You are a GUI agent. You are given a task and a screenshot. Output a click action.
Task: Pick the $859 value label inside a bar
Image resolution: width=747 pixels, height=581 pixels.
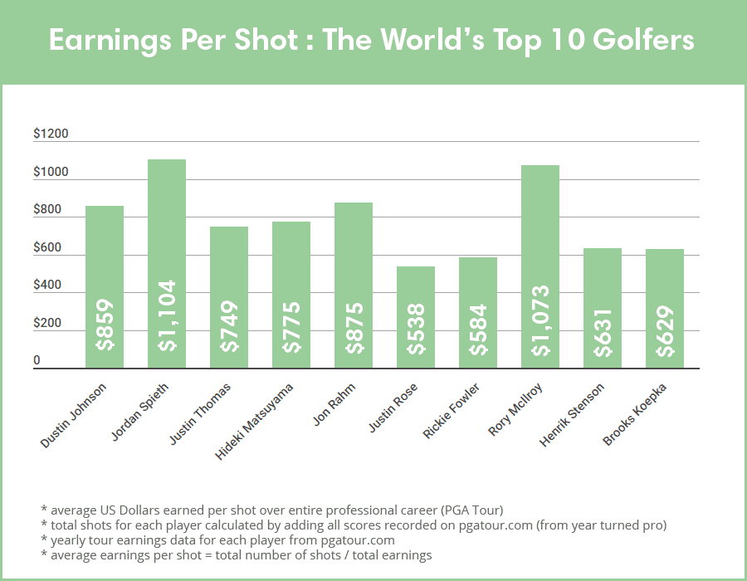tap(105, 325)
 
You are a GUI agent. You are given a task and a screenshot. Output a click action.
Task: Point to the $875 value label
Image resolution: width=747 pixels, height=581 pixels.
tap(354, 325)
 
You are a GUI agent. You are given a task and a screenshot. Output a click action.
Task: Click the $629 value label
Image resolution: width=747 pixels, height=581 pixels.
tap(665, 332)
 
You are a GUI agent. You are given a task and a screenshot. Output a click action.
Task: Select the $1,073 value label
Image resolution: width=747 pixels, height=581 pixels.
tap(540, 320)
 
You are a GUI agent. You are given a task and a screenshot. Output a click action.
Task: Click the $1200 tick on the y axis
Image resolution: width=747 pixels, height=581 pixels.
tap(51, 134)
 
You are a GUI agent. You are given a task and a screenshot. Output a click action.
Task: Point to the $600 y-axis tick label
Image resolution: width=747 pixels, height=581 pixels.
tap(48, 248)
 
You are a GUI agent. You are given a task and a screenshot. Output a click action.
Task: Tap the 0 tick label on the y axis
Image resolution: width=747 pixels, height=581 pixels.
tap(37, 361)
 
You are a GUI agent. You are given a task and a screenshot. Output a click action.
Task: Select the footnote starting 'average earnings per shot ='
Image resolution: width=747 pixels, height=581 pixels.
tap(236, 555)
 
